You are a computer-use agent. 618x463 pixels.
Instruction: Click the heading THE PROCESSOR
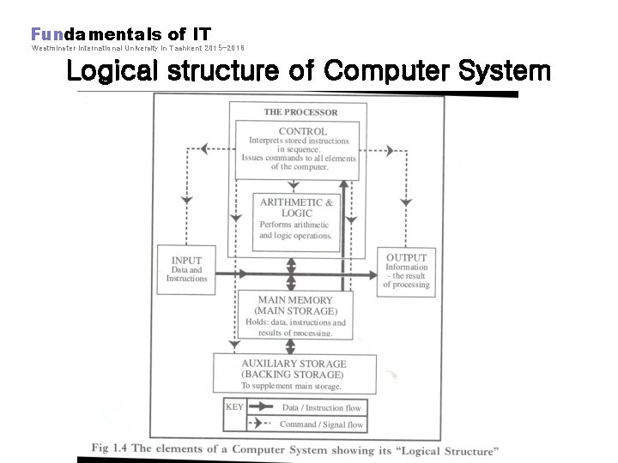click(300, 111)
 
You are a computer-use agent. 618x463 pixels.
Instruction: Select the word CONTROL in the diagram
click(302, 131)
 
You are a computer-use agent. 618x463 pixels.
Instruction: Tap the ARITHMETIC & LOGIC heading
click(296, 207)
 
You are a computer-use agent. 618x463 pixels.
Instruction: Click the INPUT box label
click(186, 260)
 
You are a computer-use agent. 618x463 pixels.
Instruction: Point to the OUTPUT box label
click(406, 257)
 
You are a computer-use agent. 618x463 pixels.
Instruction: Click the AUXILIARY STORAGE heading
click(294, 364)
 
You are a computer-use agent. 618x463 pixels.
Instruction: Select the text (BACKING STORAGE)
click(292, 375)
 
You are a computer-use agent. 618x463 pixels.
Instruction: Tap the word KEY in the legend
click(234, 406)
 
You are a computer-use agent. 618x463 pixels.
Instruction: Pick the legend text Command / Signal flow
click(322, 424)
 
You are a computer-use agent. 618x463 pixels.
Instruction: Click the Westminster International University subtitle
click(137, 48)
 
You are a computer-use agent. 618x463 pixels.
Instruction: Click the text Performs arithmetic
click(294, 225)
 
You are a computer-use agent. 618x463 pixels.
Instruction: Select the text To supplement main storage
click(291, 387)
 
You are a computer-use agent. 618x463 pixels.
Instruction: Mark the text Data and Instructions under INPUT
click(186, 274)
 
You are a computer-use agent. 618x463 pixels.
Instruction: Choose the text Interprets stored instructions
click(299, 141)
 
